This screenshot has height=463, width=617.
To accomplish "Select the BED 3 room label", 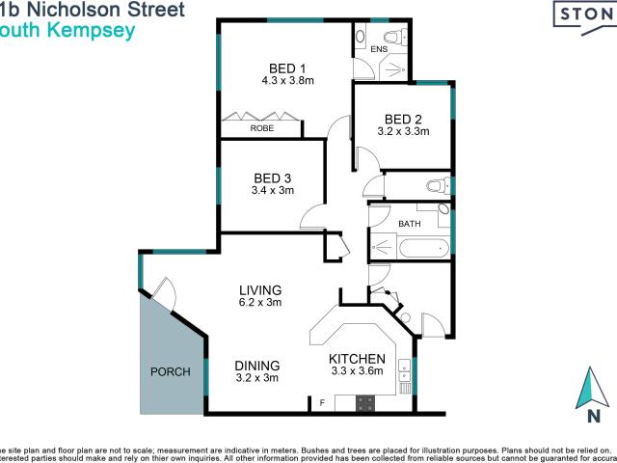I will point(273,177).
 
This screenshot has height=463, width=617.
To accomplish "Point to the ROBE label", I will point(261,128).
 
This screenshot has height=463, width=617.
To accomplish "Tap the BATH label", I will point(410,224).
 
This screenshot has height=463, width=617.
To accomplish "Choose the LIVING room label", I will point(260,289).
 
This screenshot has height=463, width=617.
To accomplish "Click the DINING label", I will point(257,366).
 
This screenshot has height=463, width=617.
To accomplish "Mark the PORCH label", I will point(169,372).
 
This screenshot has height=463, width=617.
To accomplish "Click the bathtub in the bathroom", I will point(410,248).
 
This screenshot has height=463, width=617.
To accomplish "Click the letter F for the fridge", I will point(323,402).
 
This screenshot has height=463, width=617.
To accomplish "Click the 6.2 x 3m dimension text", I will point(260,303).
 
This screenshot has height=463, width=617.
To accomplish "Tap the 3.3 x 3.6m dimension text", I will point(357,370).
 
